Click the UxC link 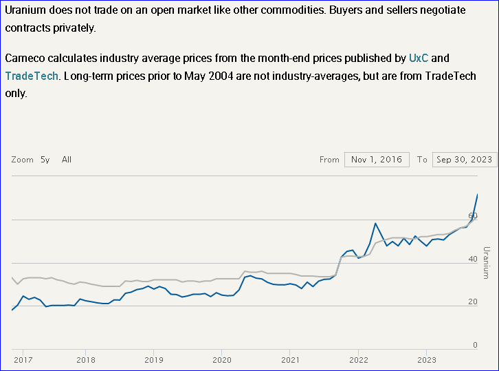tap(419, 58)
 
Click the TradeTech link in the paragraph tap(32, 76)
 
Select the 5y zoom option tap(45, 160)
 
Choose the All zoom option tap(67, 160)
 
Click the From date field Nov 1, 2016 tap(377, 160)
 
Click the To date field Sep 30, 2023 tap(465, 160)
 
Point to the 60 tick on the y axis tap(473, 216)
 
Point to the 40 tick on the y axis tap(473, 259)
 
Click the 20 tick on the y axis tap(473, 302)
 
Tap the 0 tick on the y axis tap(475, 346)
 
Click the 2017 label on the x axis tap(23, 359)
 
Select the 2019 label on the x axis tap(153, 359)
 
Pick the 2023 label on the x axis tap(426, 359)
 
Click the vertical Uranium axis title tap(486, 262)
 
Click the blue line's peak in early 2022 tap(375, 223)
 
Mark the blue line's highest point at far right tap(478, 195)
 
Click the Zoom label tap(22, 160)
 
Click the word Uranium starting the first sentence tap(25, 10)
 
